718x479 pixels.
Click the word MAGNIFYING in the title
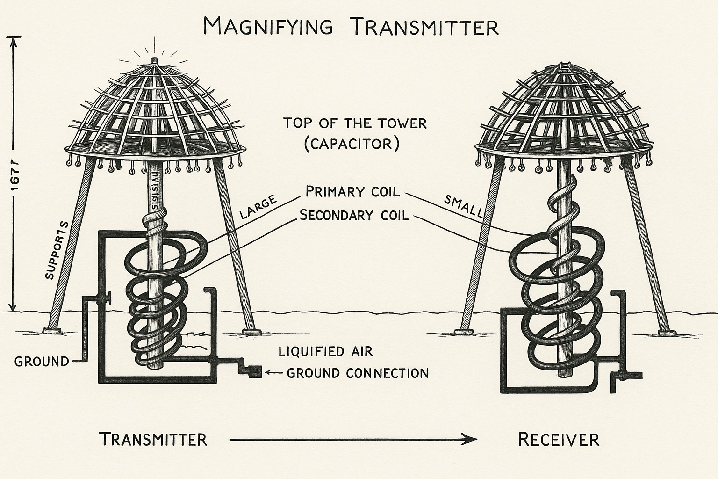coord(268,27)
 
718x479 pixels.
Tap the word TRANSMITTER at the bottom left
coord(153,440)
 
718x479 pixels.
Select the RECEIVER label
coord(559,440)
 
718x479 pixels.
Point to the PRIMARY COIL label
coord(353,192)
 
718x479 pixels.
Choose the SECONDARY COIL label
coord(354,215)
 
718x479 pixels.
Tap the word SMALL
coord(463,206)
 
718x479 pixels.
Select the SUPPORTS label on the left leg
coord(57,250)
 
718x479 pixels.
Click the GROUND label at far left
coord(42,362)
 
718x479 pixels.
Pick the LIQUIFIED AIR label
coord(326,351)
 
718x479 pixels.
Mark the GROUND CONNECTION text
coord(358,373)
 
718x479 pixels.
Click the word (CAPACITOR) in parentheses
coord(352,144)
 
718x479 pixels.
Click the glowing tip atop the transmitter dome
coord(154,60)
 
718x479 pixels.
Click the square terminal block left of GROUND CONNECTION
coord(255,372)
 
